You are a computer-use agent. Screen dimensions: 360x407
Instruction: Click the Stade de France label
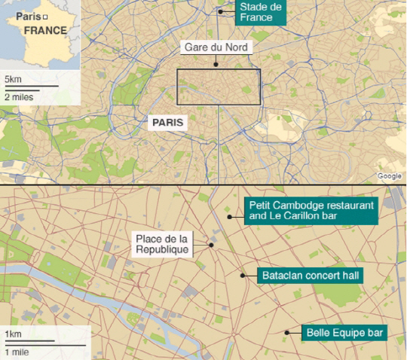[x=260, y=12]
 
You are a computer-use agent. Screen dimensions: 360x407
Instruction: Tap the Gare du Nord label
[x=216, y=47]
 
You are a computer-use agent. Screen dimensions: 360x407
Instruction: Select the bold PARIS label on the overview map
[x=167, y=121]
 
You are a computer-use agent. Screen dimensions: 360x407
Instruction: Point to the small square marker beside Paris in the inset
[x=45, y=17]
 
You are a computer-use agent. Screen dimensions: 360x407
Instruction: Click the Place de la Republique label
[x=162, y=244]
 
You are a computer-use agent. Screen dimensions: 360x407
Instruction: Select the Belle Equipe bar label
[x=345, y=332]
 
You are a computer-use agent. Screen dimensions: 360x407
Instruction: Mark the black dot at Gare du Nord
[x=216, y=64]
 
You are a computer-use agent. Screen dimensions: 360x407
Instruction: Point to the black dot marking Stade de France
[x=221, y=11]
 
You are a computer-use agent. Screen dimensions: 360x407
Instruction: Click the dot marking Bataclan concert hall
[x=243, y=276]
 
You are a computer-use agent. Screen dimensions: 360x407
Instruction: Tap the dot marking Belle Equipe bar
[x=286, y=332]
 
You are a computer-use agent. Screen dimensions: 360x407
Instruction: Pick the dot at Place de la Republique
[x=212, y=243]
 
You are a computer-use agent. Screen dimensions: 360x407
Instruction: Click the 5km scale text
[x=13, y=79]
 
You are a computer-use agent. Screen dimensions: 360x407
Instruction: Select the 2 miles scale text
[x=18, y=96]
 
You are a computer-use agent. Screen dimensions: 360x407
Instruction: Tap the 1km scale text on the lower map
[x=12, y=334]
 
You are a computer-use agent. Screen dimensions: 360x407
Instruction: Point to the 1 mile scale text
[x=17, y=351]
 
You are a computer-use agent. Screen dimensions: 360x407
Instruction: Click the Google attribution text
[x=389, y=176]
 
